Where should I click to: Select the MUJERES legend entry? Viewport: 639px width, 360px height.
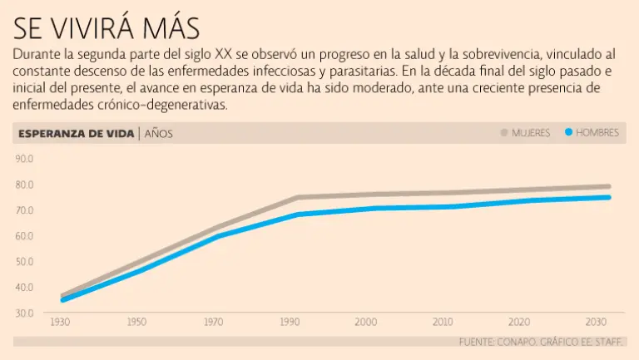(530, 133)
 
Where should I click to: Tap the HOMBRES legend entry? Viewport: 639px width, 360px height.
(597, 133)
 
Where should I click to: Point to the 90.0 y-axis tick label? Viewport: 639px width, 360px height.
(23, 159)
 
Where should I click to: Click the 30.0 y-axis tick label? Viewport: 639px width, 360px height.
(23, 313)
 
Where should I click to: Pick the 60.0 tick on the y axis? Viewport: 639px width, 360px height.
(23, 236)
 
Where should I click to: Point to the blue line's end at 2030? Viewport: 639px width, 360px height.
(608, 197)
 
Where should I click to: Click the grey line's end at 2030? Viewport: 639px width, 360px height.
(608, 187)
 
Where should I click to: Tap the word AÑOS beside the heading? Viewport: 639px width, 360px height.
(159, 133)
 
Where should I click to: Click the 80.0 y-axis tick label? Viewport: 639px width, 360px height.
(23, 185)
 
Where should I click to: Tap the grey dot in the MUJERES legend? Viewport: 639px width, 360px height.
(504, 132)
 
